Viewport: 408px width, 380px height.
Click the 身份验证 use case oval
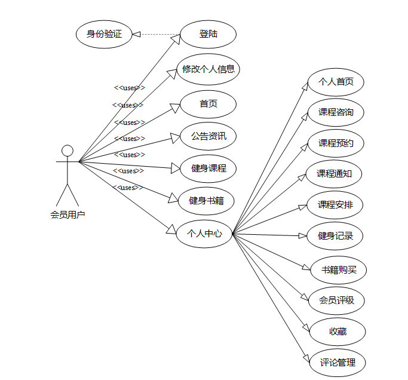(x=104, y=34)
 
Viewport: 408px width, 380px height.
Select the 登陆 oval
(x=208, y=34)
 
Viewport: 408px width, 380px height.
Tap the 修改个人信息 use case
(x=208, y=69)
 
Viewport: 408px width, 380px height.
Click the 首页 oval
(x=208, y=104)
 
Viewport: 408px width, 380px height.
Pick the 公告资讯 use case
(x=208, y=136)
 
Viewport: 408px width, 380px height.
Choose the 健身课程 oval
(x=208, y=168)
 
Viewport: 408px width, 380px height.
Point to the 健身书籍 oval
(x=206, y=200)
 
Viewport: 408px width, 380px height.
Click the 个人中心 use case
(x=204, y=233)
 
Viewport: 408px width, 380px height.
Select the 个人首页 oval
(x=335, y=81)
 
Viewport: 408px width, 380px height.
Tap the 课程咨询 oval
(x=335, y=112)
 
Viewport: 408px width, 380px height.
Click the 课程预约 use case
(x=335, y=143)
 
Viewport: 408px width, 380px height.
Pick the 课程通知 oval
(x=335, y=174)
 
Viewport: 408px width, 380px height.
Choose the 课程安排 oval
(x=335, y=205)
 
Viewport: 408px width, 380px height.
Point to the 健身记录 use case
(x=335, y=235)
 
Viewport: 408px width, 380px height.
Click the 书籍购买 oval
(x=338, y=269)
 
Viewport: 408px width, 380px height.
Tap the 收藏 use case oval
(x=338, y=332)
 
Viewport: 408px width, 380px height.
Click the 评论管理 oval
(x=338, y=362)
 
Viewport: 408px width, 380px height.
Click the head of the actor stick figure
(x=68, y=150)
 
